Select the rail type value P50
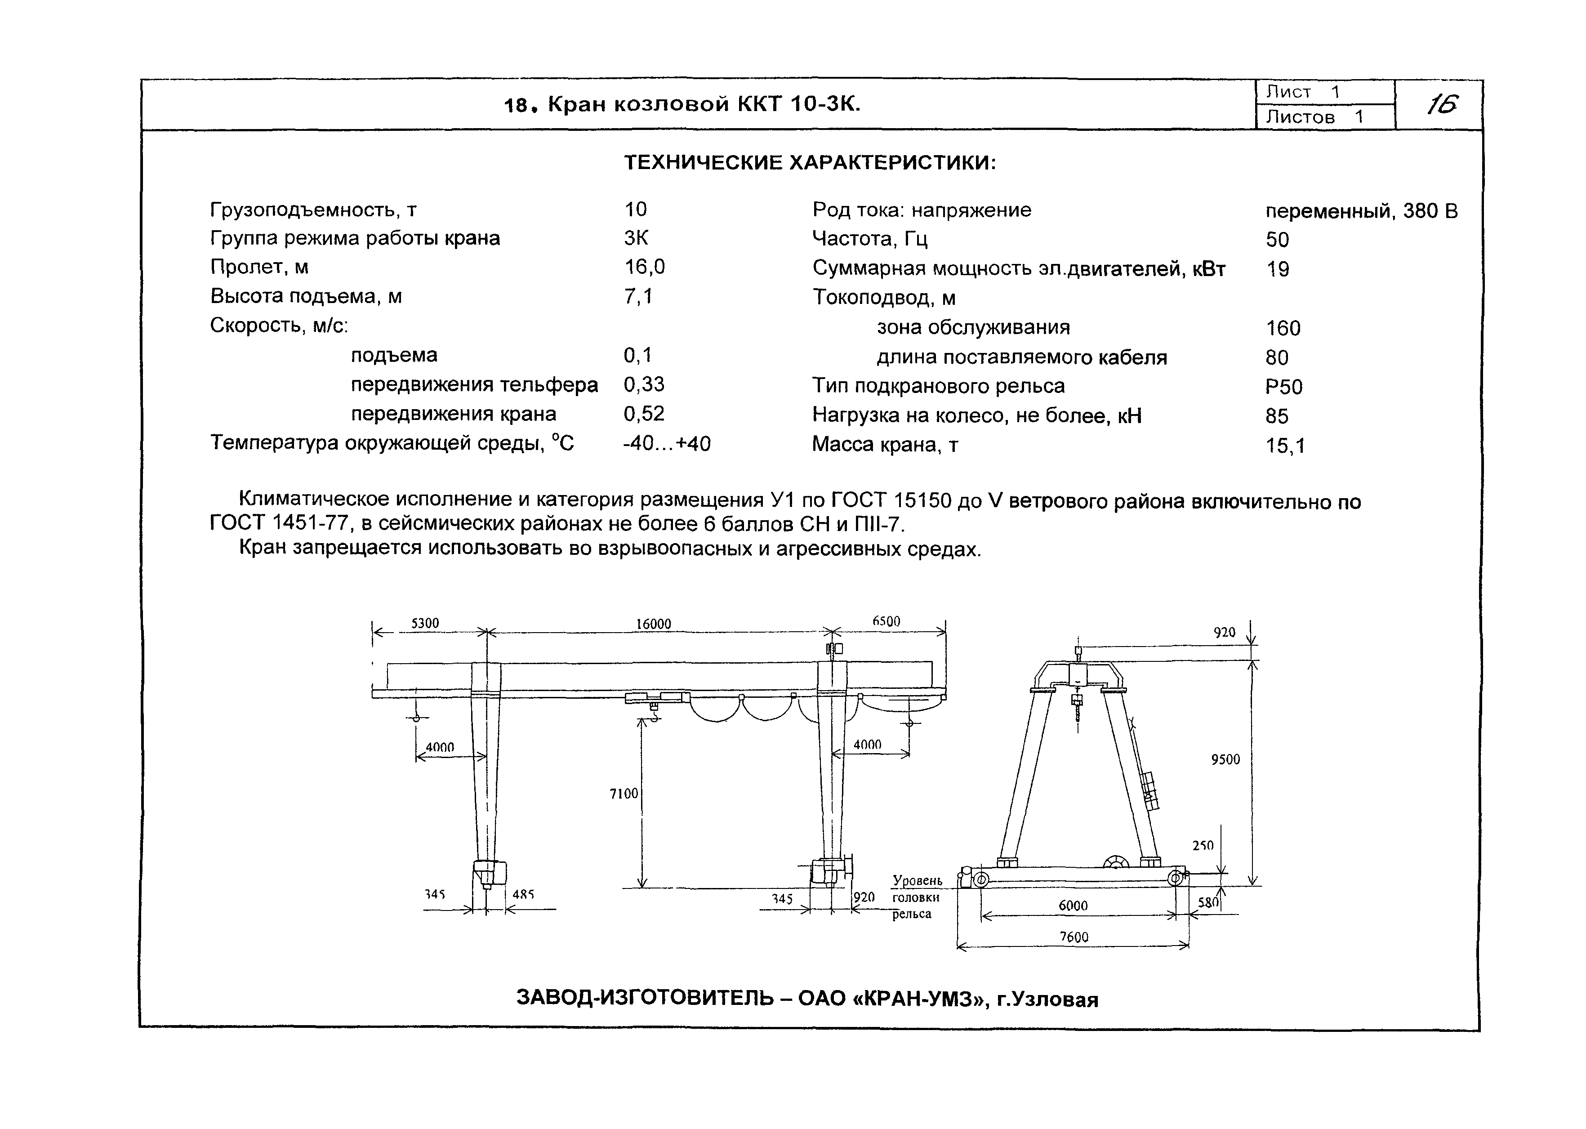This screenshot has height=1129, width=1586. tap(1283, 387)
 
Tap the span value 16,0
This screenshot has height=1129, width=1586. tap(644, 267)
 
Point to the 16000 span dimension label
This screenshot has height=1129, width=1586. tap(653, 624)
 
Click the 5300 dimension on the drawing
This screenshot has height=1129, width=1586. tap(425, 623)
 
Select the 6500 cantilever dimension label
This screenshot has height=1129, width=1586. tap(886, 621)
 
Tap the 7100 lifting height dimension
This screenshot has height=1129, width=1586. tap(624, 793)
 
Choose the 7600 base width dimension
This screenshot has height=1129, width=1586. tap(1074, 937)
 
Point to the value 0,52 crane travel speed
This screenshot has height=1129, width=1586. tap(644, 415)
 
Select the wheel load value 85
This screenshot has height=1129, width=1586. tap(1277, 416)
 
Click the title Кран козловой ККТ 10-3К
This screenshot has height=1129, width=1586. tap(704, 105)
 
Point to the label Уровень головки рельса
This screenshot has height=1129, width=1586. tap(916, 897)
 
